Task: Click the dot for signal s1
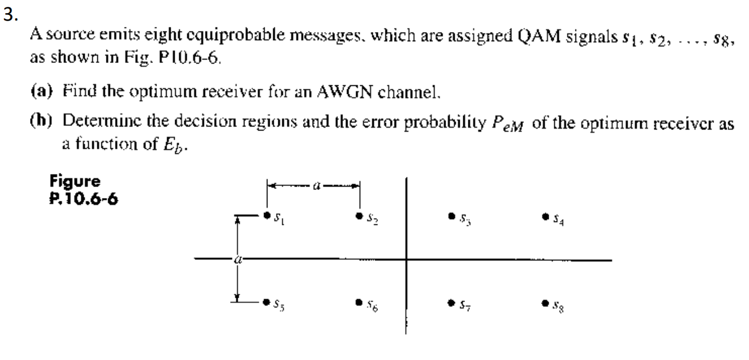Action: coord(267,216)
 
